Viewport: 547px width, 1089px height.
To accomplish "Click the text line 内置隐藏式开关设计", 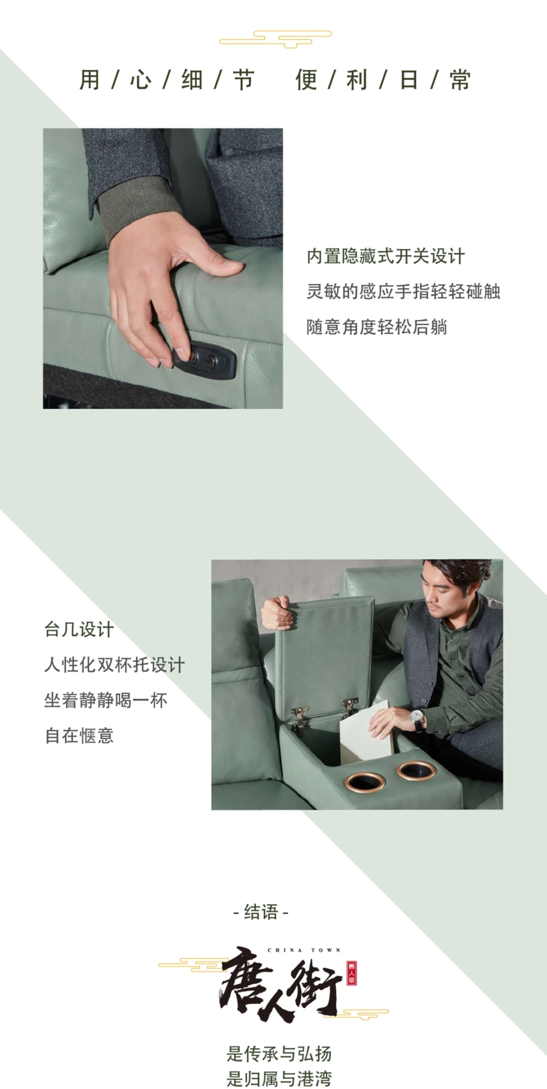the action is (386, 256).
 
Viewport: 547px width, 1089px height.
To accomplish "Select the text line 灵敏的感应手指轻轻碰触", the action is (403, 291).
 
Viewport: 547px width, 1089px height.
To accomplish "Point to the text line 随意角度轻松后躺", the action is (377, 327).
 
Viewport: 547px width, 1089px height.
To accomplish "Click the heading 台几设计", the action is (79, 629).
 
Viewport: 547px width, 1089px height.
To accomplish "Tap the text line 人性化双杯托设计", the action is (115, 665).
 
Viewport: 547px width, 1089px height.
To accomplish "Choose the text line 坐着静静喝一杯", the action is (106, 700).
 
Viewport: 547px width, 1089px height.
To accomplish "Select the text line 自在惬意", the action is (79, 735).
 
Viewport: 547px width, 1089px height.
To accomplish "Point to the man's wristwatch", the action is (417, 717).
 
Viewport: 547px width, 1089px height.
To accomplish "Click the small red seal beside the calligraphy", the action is (352, 974).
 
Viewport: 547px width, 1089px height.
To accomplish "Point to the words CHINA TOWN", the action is (304, 951).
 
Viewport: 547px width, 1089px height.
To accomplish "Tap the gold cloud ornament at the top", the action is (276, 39).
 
